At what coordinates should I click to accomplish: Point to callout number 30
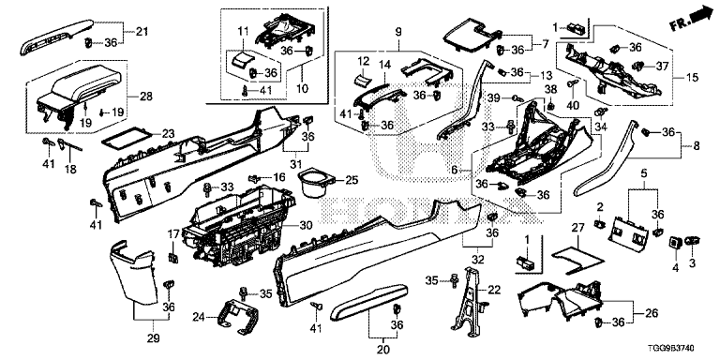point(306,225)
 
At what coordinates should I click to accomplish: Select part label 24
point(199,317)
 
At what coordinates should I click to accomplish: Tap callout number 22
point(494,290)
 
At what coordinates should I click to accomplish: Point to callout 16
point(278,177)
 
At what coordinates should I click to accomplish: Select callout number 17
point(173,235)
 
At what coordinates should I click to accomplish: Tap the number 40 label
point(573,105)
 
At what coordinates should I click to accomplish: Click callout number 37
point(662,67)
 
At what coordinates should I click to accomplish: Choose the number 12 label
point(363,61)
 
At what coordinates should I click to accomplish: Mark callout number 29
point(153,338)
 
